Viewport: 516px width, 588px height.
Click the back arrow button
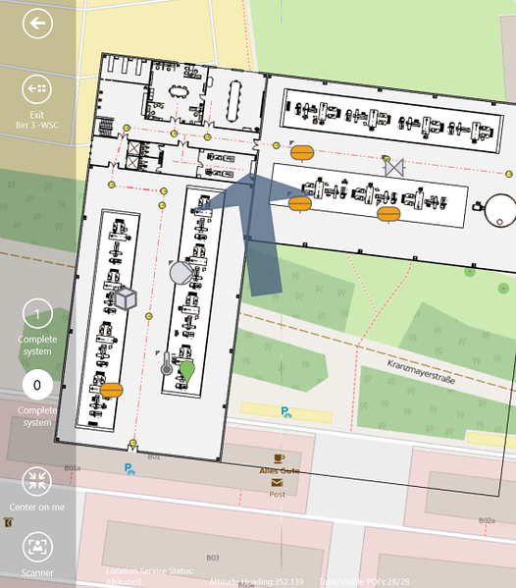pos(37,25)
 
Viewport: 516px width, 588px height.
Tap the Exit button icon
pos(37,89)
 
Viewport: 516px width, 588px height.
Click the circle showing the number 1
pos(37,315)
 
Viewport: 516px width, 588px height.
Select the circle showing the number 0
pos(37,384)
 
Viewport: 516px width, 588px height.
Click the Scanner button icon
pos(37,547)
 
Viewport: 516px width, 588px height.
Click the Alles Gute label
pos(280,471)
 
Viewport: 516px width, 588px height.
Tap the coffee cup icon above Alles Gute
pos(280,458)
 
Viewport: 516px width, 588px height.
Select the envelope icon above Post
pos(279,483)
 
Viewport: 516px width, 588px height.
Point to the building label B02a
pos(486,520)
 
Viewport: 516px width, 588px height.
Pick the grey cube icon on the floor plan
pos(125,297)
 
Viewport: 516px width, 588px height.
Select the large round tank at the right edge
pos(499,207)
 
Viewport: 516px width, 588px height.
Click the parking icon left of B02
pos(129,469)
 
